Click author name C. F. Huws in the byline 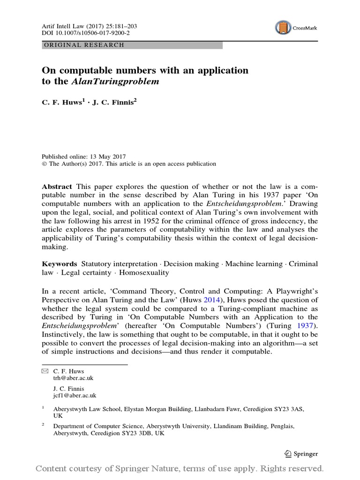(62, 103)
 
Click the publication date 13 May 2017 (106, 157)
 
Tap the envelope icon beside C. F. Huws (45, 371)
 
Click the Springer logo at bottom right (301, 453)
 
